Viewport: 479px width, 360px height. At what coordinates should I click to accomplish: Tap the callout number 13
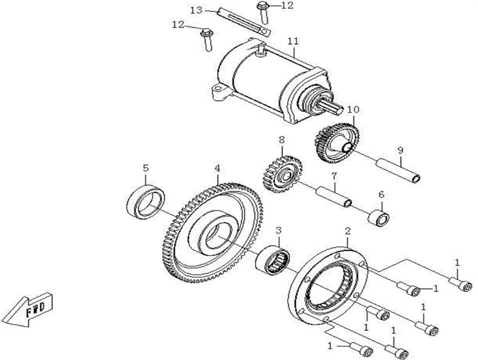tap(196, 10)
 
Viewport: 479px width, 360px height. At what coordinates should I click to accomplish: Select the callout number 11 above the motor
tap(293, 41)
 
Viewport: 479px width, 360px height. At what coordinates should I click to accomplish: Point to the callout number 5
tap(145, 167)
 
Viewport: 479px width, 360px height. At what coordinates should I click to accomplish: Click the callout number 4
tap(217, 168)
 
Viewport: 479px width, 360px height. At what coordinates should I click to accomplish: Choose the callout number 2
tap(347, 231)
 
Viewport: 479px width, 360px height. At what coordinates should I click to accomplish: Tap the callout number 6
tap(381, 194)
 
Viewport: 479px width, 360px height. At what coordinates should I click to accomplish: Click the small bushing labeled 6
tap(379, 218)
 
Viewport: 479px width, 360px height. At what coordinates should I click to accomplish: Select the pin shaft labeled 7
tap(334, 198)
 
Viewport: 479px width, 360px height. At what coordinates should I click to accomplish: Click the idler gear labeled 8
tap(282, 174)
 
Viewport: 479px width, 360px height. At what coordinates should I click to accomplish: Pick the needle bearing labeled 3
tap(273, 260)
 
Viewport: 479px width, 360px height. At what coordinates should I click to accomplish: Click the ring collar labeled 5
tap(145, 202)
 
